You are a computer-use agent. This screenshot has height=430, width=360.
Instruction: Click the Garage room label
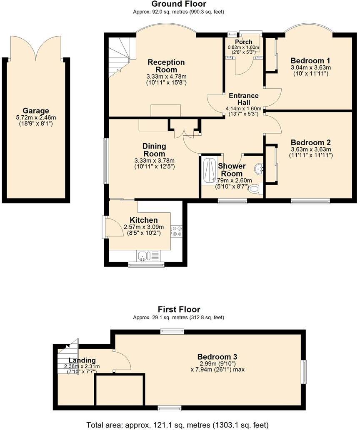[36, 111]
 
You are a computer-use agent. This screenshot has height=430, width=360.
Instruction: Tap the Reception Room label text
[166, 66]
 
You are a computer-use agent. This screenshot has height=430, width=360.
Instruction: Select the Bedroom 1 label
[310, 59]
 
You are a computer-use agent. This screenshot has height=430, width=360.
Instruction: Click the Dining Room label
[154, 150]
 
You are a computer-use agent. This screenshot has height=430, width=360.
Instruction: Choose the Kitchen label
[144, 220]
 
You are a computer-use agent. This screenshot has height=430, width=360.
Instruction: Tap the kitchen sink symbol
[143, 256]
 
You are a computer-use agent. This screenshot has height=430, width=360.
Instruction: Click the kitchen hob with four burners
[177, 231]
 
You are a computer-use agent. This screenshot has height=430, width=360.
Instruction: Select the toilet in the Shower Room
[254, 189]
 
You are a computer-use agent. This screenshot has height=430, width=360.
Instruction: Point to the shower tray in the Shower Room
[207, 170]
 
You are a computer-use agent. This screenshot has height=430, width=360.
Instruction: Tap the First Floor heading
[179, 309]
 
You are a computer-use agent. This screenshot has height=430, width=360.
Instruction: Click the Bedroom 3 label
[217, 357]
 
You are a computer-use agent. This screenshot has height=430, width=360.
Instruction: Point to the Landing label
[82, 360]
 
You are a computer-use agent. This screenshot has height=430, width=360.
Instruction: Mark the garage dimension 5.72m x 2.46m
[36, 118]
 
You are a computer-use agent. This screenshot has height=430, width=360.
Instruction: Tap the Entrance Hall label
[242, 99]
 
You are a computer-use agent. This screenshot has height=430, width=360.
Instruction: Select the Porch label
[243, 42]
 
